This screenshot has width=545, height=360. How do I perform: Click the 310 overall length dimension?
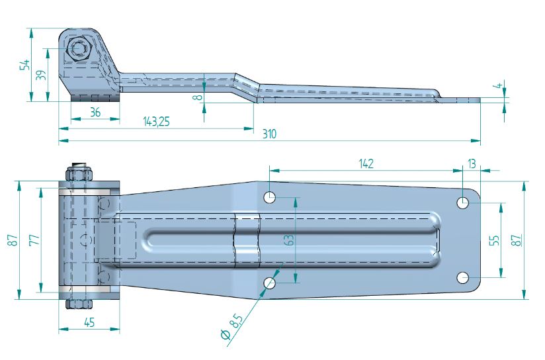point(268,134)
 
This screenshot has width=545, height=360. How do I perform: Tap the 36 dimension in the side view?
point(95,112)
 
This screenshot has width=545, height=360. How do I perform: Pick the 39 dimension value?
point(42,74)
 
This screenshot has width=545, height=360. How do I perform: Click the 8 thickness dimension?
point(197,97)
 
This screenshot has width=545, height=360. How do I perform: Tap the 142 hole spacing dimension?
point(366,163)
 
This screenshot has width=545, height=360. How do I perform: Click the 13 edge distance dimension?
point(471,163)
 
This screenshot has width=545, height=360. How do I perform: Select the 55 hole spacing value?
point(493,240)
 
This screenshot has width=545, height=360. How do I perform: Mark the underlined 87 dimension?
point(517,240)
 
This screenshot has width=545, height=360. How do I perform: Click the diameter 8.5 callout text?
point(231,328)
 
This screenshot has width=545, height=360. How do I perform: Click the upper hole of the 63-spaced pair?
point(270,197)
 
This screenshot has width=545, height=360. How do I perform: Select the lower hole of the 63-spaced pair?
point(270,283)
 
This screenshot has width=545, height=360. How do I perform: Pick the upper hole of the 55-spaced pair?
point(464,202)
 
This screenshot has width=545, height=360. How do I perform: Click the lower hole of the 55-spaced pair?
point(464,277)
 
